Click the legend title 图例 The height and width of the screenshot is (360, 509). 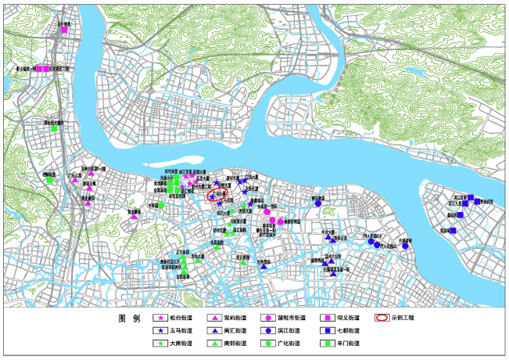coord(128,319)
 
